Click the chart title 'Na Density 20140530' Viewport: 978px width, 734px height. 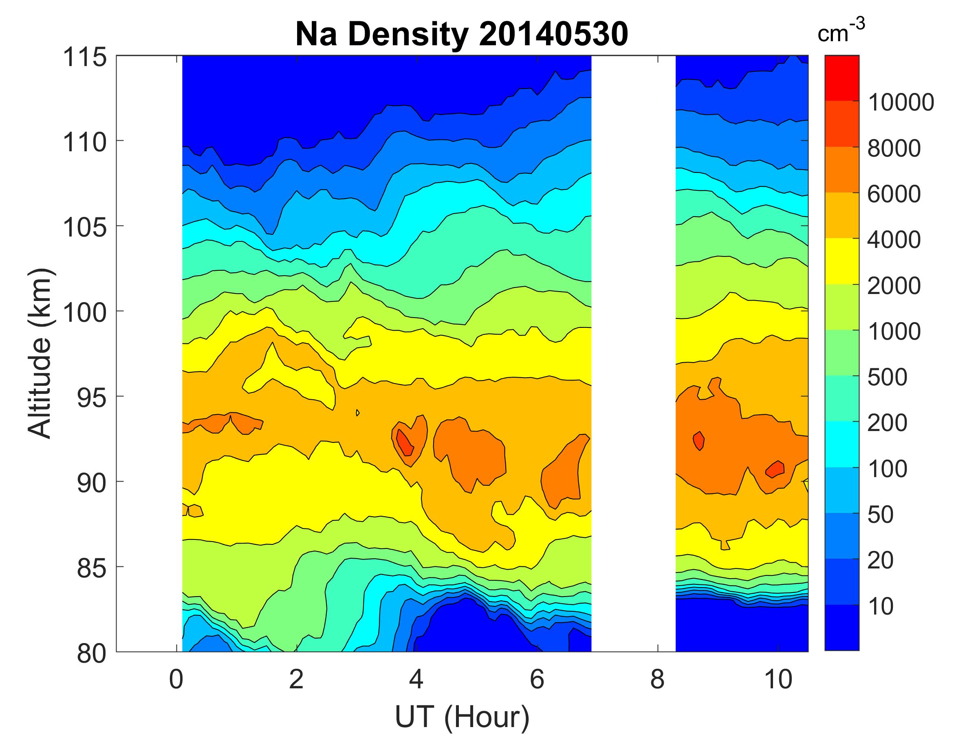coord(462,35)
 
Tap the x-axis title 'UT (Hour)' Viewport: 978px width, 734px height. coord(462,717)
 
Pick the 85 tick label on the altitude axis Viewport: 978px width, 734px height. coord(92,568)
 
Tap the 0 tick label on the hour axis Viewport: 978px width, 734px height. coord(176,680)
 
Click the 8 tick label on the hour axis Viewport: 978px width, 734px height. coord(657,680)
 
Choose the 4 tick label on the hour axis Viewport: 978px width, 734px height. coord(416,680)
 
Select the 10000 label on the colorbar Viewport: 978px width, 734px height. coord(901,103)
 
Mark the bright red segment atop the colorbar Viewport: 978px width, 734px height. coord(842,78)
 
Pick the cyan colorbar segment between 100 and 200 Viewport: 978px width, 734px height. coord(842,444)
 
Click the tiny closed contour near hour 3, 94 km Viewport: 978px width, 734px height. coord(357,413)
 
